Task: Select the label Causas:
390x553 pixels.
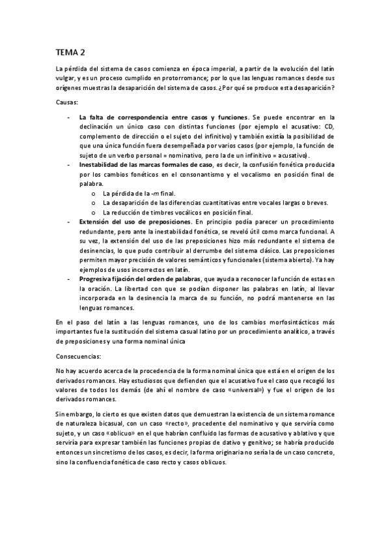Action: pyautogui.click(x=67, y=102)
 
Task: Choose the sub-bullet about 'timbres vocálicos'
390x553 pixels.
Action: pyautogui.click(x=178, y=213)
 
